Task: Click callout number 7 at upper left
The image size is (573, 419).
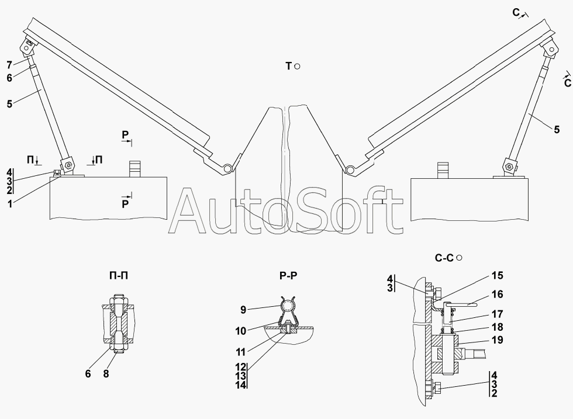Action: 10,64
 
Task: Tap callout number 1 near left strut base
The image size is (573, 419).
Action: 10,203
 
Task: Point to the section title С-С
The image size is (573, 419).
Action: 445,257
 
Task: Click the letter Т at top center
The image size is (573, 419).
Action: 288,67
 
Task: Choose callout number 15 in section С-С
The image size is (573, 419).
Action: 497,275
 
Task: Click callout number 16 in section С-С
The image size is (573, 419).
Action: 497,295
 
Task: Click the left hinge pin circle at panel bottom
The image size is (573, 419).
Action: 226,169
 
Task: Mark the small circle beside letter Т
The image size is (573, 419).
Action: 298,67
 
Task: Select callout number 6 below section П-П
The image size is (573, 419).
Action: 88,374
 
